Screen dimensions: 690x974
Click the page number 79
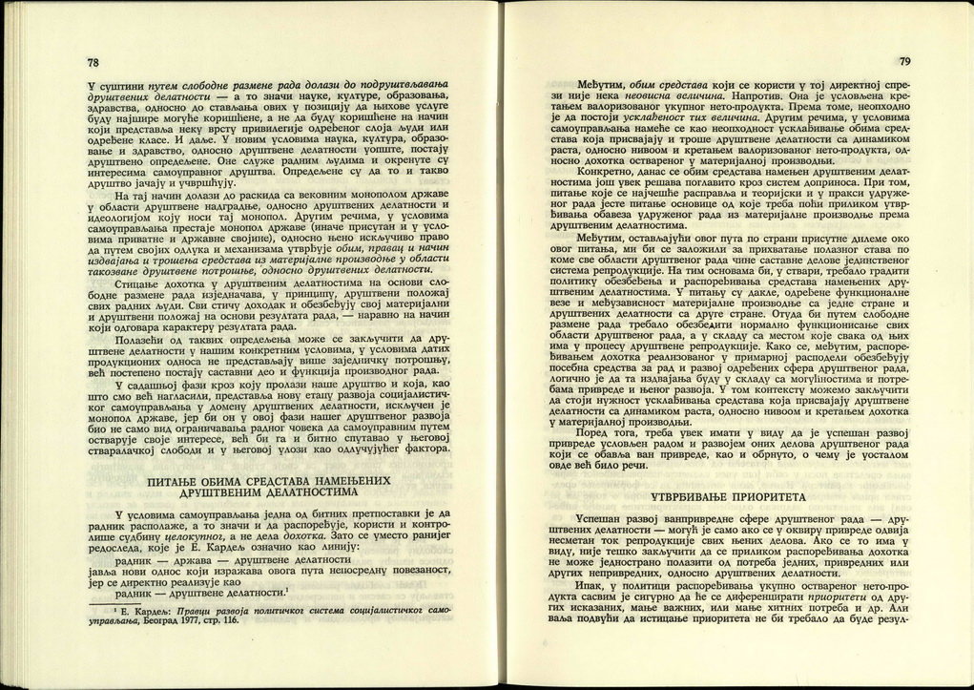pyautogui.click(x=904, y=62)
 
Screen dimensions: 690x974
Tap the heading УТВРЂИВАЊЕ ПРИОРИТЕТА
pyautogui.click(x=729, y=498)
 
